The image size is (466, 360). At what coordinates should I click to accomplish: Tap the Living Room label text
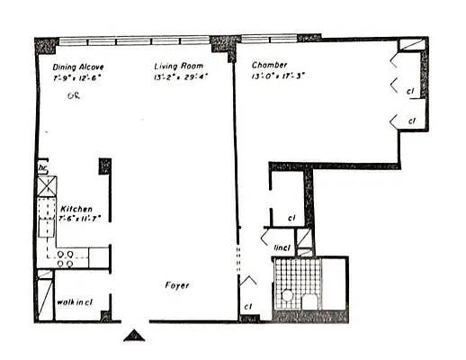[x=179, y=66]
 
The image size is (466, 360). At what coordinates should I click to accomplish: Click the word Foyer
[x=176, y=285]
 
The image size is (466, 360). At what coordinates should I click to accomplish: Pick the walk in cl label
[x=76, y=302]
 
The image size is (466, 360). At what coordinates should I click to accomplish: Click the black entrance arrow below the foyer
[x=133, y=336]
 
